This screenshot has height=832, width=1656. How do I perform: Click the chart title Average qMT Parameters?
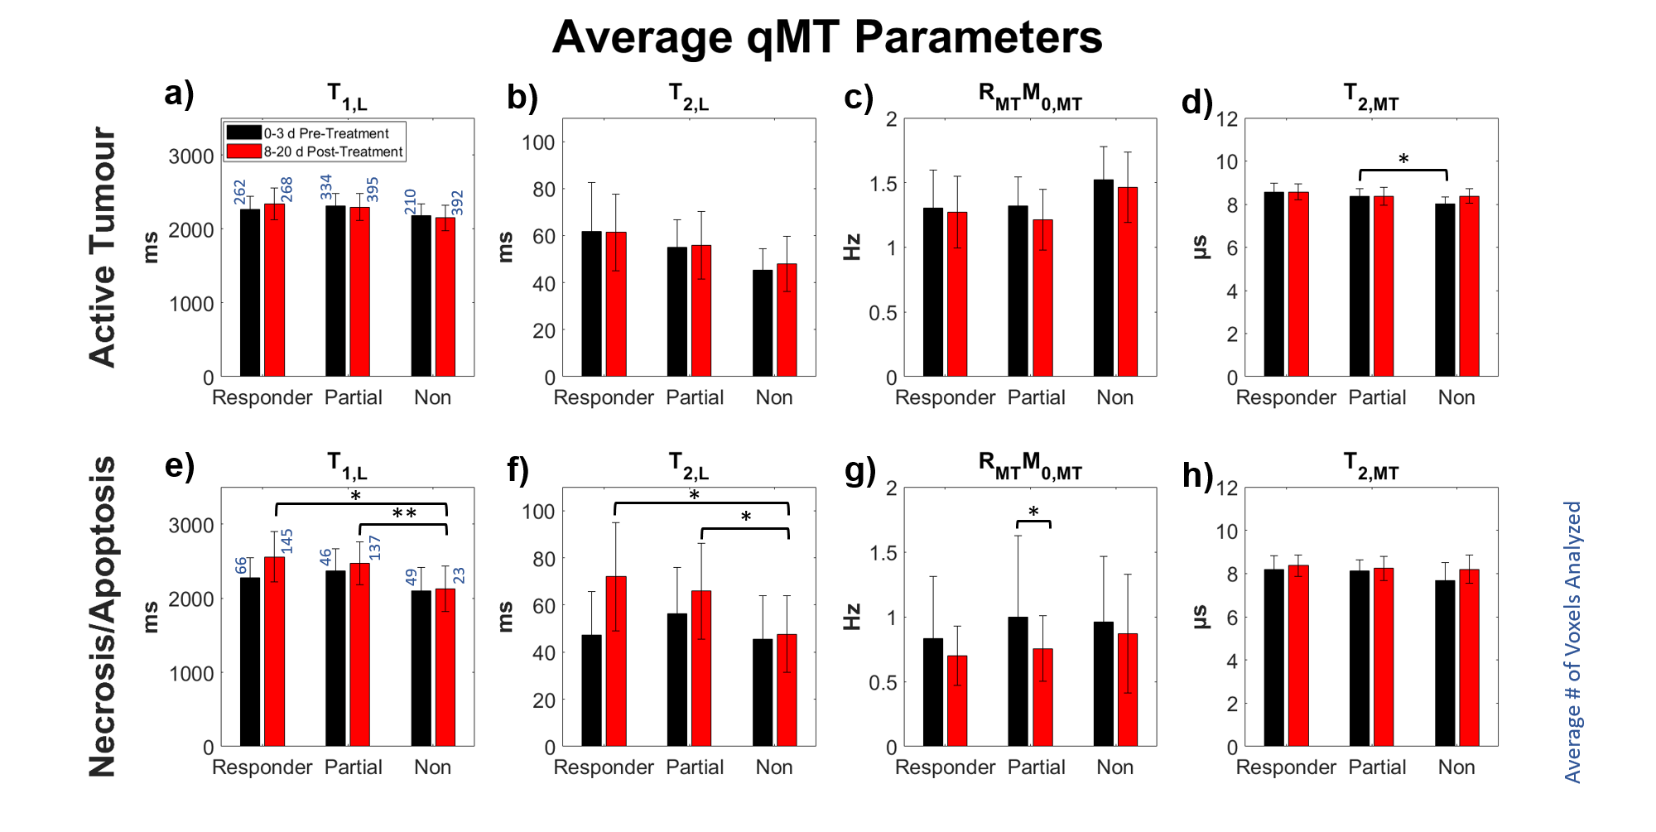click(827, 37)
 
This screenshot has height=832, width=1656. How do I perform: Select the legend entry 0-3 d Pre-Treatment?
click(325, 133)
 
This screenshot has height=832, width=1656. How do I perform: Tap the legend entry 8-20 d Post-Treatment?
click(333, 151)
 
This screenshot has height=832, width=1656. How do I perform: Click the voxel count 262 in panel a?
click(240, 192)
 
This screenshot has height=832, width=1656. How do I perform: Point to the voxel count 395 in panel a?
click(373, 190)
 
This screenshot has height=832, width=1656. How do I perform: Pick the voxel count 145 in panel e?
click(286, 541)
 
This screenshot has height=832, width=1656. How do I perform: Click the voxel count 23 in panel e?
click(459, 575)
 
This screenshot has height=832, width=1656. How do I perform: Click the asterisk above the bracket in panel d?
click(1403, 159)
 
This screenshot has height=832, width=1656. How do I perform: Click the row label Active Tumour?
click(103, 247)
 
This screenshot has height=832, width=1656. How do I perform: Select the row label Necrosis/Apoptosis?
click(103, 617)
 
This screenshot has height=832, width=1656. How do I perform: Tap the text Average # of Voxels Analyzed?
click(1572, 642)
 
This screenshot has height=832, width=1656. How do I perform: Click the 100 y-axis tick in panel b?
click(538, 142)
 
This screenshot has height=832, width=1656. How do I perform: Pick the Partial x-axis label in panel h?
click(1377, 767)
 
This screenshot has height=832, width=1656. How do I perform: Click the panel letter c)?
click(859, 98)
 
